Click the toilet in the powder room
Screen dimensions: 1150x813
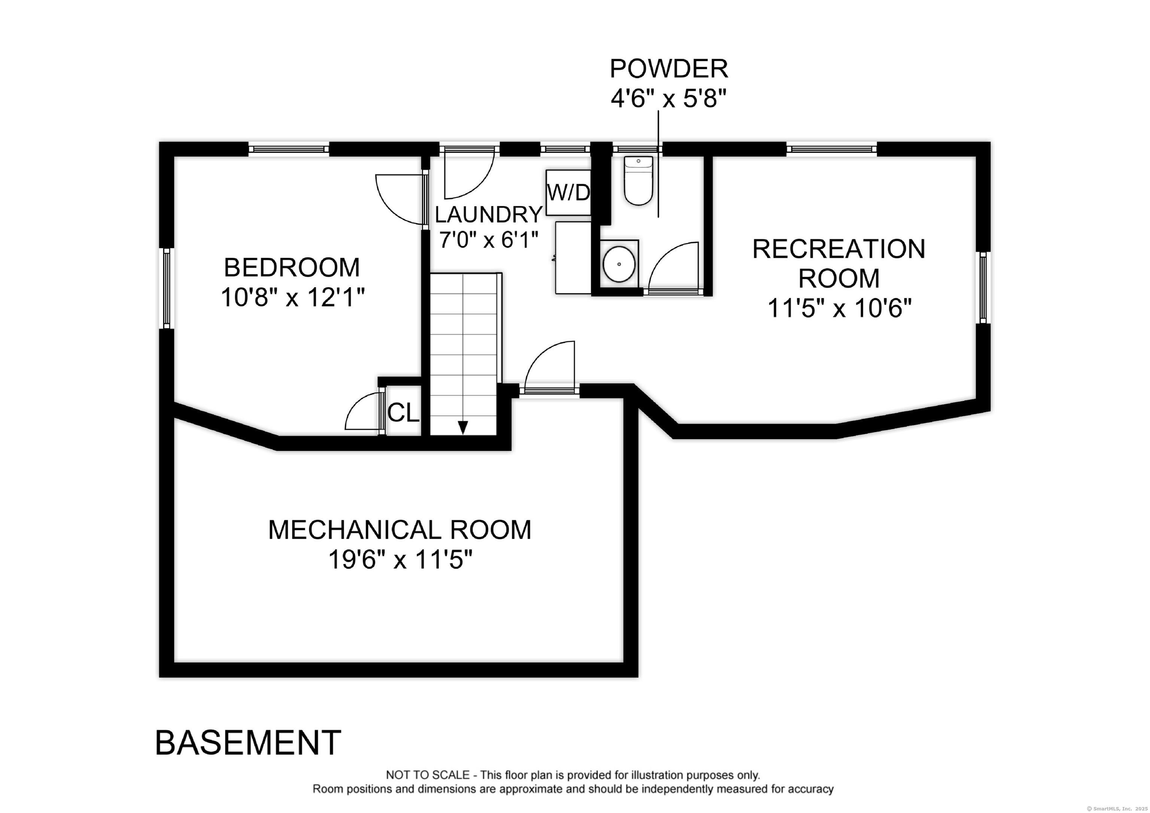tap(638, 180)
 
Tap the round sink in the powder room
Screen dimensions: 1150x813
tap(619, 264)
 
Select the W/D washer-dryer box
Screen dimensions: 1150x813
tap(569, 192)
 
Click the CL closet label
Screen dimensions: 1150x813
tap(403, 413)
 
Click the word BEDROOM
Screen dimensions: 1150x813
tap(292, 268)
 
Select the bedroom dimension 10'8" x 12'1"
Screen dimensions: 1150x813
tap(292, 298)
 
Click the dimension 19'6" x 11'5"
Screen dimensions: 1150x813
tap(400, 560)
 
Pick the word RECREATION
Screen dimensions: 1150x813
tap(839, 249)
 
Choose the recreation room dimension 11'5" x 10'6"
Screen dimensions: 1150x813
tap(839, 308)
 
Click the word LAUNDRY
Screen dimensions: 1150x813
tap(489, 214)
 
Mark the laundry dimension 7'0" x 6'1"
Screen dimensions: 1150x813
tap(489, 240)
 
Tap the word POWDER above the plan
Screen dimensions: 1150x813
tap(669, 68)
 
